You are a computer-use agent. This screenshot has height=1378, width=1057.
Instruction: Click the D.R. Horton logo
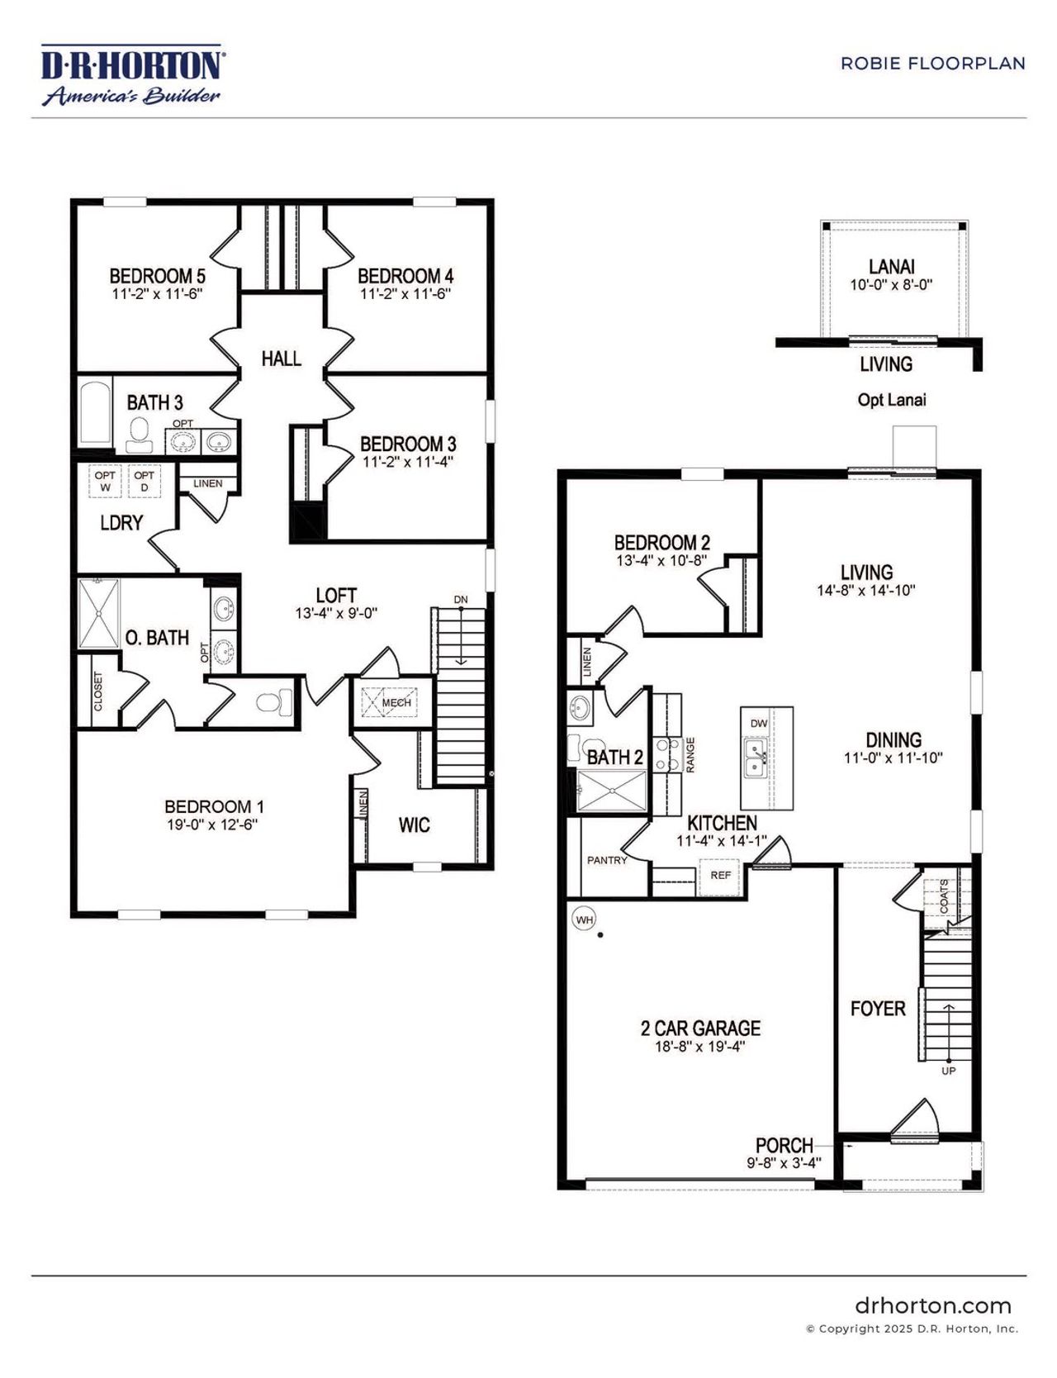pos(130,75)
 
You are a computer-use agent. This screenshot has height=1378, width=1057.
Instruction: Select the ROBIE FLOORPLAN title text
pos(932,64)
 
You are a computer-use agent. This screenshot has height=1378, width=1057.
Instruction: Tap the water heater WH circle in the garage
pos(585,919)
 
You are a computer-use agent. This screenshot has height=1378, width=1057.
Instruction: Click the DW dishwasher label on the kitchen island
pos(758,724)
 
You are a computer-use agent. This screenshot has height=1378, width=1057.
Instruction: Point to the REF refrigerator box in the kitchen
pos(720,875)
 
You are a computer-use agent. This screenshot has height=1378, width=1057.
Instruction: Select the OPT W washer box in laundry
pos(105,481)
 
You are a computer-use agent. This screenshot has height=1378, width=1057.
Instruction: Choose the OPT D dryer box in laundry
pos(144,481)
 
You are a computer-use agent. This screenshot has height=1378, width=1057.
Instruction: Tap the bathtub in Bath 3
pos(95,413)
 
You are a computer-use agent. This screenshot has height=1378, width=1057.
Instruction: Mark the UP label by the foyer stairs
pos(949,1071)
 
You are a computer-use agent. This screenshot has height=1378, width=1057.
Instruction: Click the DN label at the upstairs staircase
pos(460,600)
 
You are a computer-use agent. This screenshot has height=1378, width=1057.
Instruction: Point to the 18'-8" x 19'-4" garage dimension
pos(699,1047)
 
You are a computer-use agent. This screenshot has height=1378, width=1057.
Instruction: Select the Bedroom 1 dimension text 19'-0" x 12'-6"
pos(212,824)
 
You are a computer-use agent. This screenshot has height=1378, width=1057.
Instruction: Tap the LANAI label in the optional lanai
pos(891,267)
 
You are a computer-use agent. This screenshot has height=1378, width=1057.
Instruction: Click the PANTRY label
pos(607,860)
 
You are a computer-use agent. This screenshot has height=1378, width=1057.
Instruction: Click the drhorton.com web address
pos(932,1306)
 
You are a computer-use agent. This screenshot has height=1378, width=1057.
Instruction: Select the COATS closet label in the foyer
pos(944,896)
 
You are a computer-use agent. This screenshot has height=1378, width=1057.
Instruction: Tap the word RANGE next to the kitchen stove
pos(690,754)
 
